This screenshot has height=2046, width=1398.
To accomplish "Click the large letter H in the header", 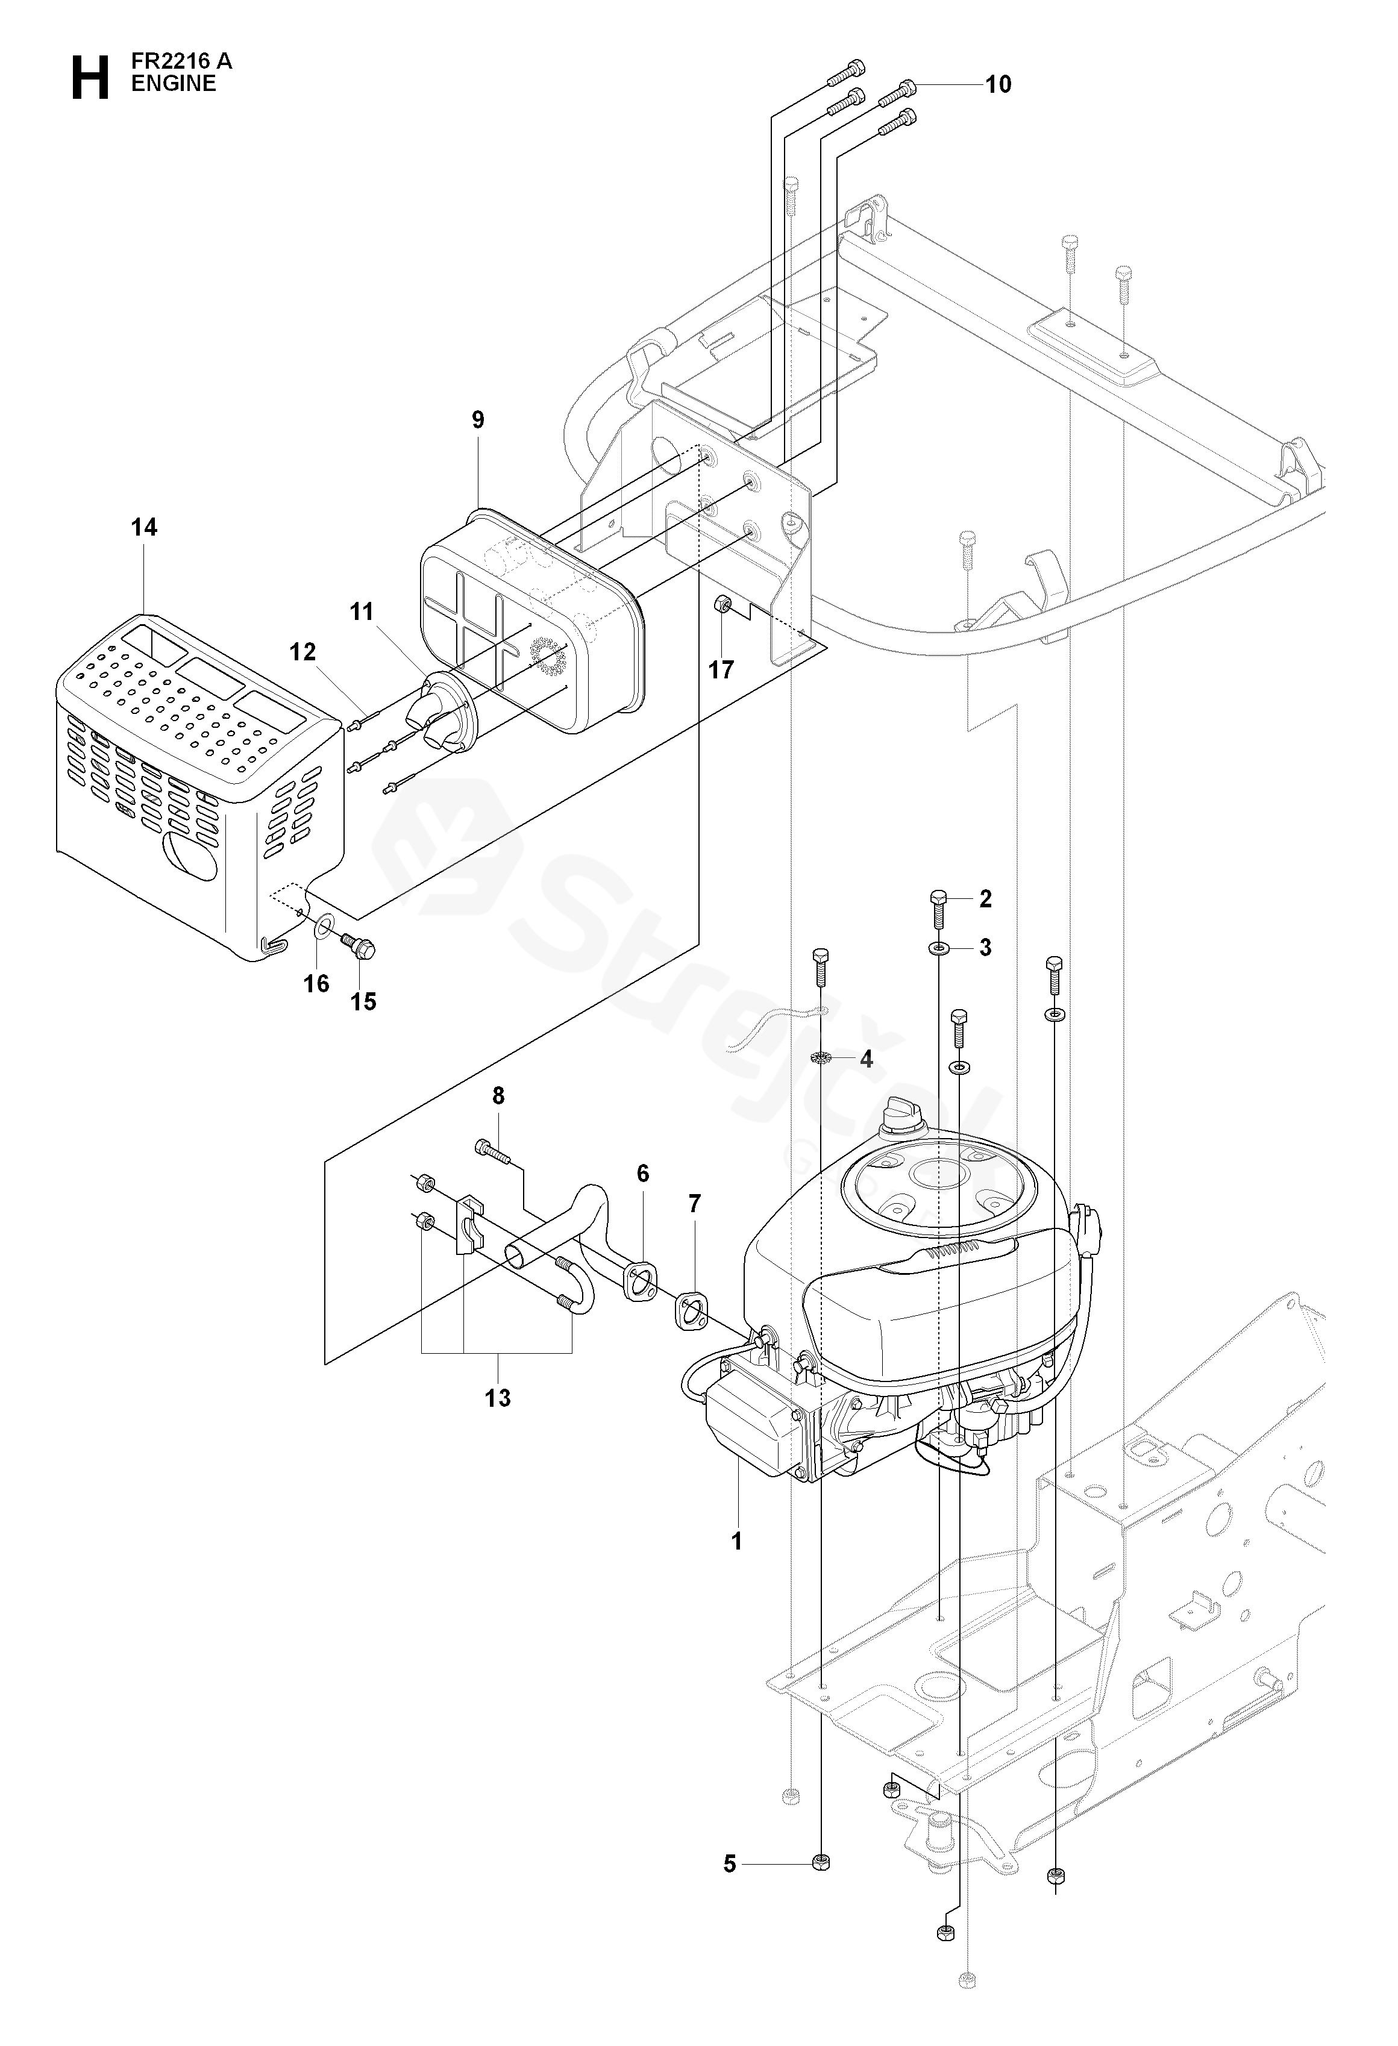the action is point(90,78).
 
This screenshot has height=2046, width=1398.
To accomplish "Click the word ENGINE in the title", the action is point(174,84).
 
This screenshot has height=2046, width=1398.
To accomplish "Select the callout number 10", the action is point(998,84).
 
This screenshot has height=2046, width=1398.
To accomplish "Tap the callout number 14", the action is point(145,527).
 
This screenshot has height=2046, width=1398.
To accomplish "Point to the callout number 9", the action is point(478,420).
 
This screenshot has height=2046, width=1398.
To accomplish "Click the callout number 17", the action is point(721,670).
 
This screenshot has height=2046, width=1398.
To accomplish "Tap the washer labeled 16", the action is point(323,926).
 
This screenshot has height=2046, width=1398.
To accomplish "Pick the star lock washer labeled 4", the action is point(821,1057).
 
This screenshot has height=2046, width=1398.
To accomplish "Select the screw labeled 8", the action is point(492,1150).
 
